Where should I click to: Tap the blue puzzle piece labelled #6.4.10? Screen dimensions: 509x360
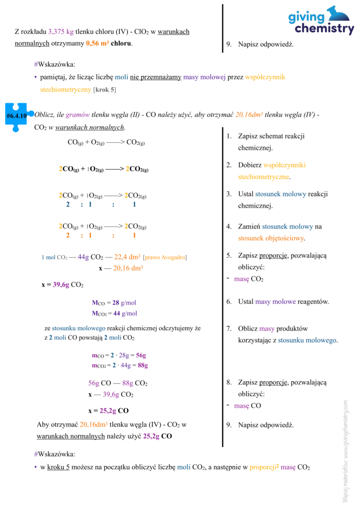[16, 116]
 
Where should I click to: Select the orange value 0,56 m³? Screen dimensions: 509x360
[97, 43]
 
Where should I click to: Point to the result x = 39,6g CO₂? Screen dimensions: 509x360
[62, 285]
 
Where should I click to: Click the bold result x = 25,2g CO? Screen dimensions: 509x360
[108, 411]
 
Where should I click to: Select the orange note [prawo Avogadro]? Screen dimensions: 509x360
[165, 257]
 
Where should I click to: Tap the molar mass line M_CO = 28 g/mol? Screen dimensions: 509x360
[114, 303]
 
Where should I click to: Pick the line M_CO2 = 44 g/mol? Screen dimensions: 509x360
[114, 313]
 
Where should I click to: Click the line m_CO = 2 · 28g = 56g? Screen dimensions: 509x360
[119, 355]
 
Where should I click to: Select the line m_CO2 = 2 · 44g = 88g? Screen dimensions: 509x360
[120, 365]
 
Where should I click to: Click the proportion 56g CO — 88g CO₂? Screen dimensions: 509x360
[118, 383]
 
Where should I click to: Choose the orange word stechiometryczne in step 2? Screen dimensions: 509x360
[264, 176]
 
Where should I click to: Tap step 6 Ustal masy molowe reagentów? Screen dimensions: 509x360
[283, 301]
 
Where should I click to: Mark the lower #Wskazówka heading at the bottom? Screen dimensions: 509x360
[55, 454]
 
